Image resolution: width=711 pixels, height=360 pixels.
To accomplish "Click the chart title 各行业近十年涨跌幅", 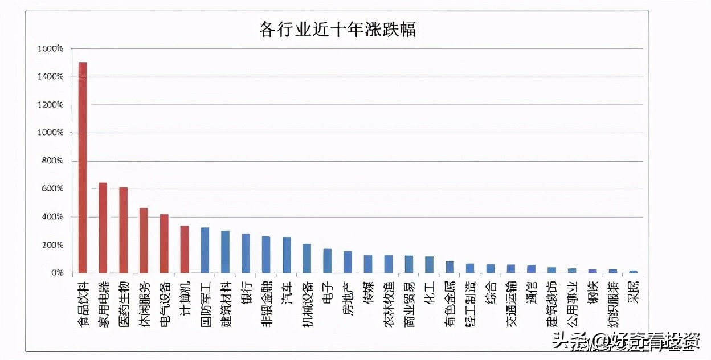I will click(x=337, y=29).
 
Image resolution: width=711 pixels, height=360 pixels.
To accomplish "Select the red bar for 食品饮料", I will click(x=83, y=167).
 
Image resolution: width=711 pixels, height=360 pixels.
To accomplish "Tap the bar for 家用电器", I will click(x=103, y=228).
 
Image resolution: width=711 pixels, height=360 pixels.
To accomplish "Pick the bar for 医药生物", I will click(x=124, y=230).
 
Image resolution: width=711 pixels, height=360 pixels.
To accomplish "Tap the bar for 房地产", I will click(x=348, y=262).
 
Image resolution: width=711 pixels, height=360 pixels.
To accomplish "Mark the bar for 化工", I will click(x=430, y=265).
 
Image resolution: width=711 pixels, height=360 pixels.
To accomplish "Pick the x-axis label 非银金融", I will click(x=267, y=302).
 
